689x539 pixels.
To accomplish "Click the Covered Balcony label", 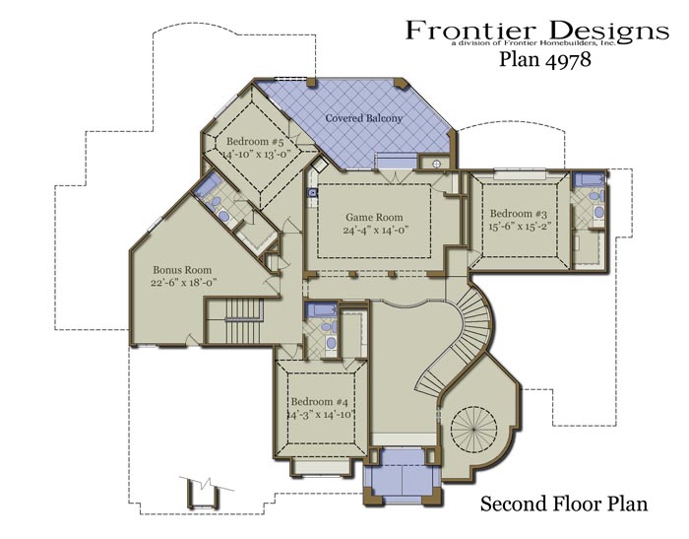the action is pyautogui.click(x=364, y=118).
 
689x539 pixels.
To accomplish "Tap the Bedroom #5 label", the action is pyautogui.click(x=255, y=141).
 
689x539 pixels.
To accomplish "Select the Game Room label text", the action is pyautogui.click(x=374, y=217).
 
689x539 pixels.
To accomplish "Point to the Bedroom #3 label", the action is pyautogui.click(x=519, y=214).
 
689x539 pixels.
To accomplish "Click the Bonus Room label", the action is pyautogui.click(x=182, y=270).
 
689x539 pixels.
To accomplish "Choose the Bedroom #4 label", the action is pyautogui.click(x=320, y=402).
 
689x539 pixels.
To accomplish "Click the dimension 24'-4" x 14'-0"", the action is pyautogui.click(x=376, y=231).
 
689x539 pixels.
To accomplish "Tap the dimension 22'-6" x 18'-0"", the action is pyautogui.click(x=184, y=283).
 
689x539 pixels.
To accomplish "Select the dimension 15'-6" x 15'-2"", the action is pyautogui.click(x=520, y=227).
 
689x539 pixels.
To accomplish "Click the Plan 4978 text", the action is pyautogui.click(x=545, y=59).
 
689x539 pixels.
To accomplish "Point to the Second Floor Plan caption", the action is pyautogui.click(x=564, y=504).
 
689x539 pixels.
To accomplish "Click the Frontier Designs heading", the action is pyautogui.click(x=537, y=31).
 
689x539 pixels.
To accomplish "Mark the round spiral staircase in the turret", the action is pyautogui.click(x=473, y=428).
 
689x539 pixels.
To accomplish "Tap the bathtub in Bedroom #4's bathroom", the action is pyautogui.click(x=321, y=309).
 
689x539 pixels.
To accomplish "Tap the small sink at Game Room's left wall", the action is pyautogui.click(x=312, y=192).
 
